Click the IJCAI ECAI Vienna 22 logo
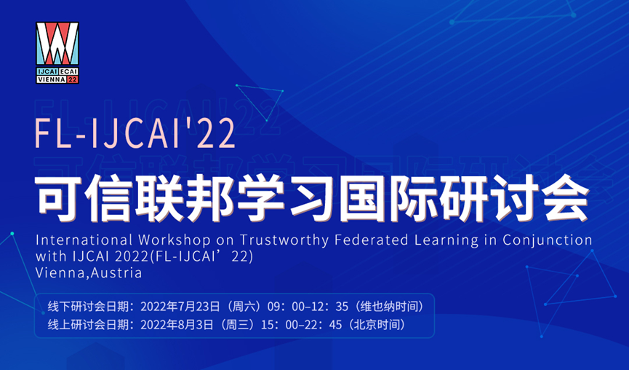57,52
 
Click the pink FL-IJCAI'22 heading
135,134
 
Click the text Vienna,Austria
89,274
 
